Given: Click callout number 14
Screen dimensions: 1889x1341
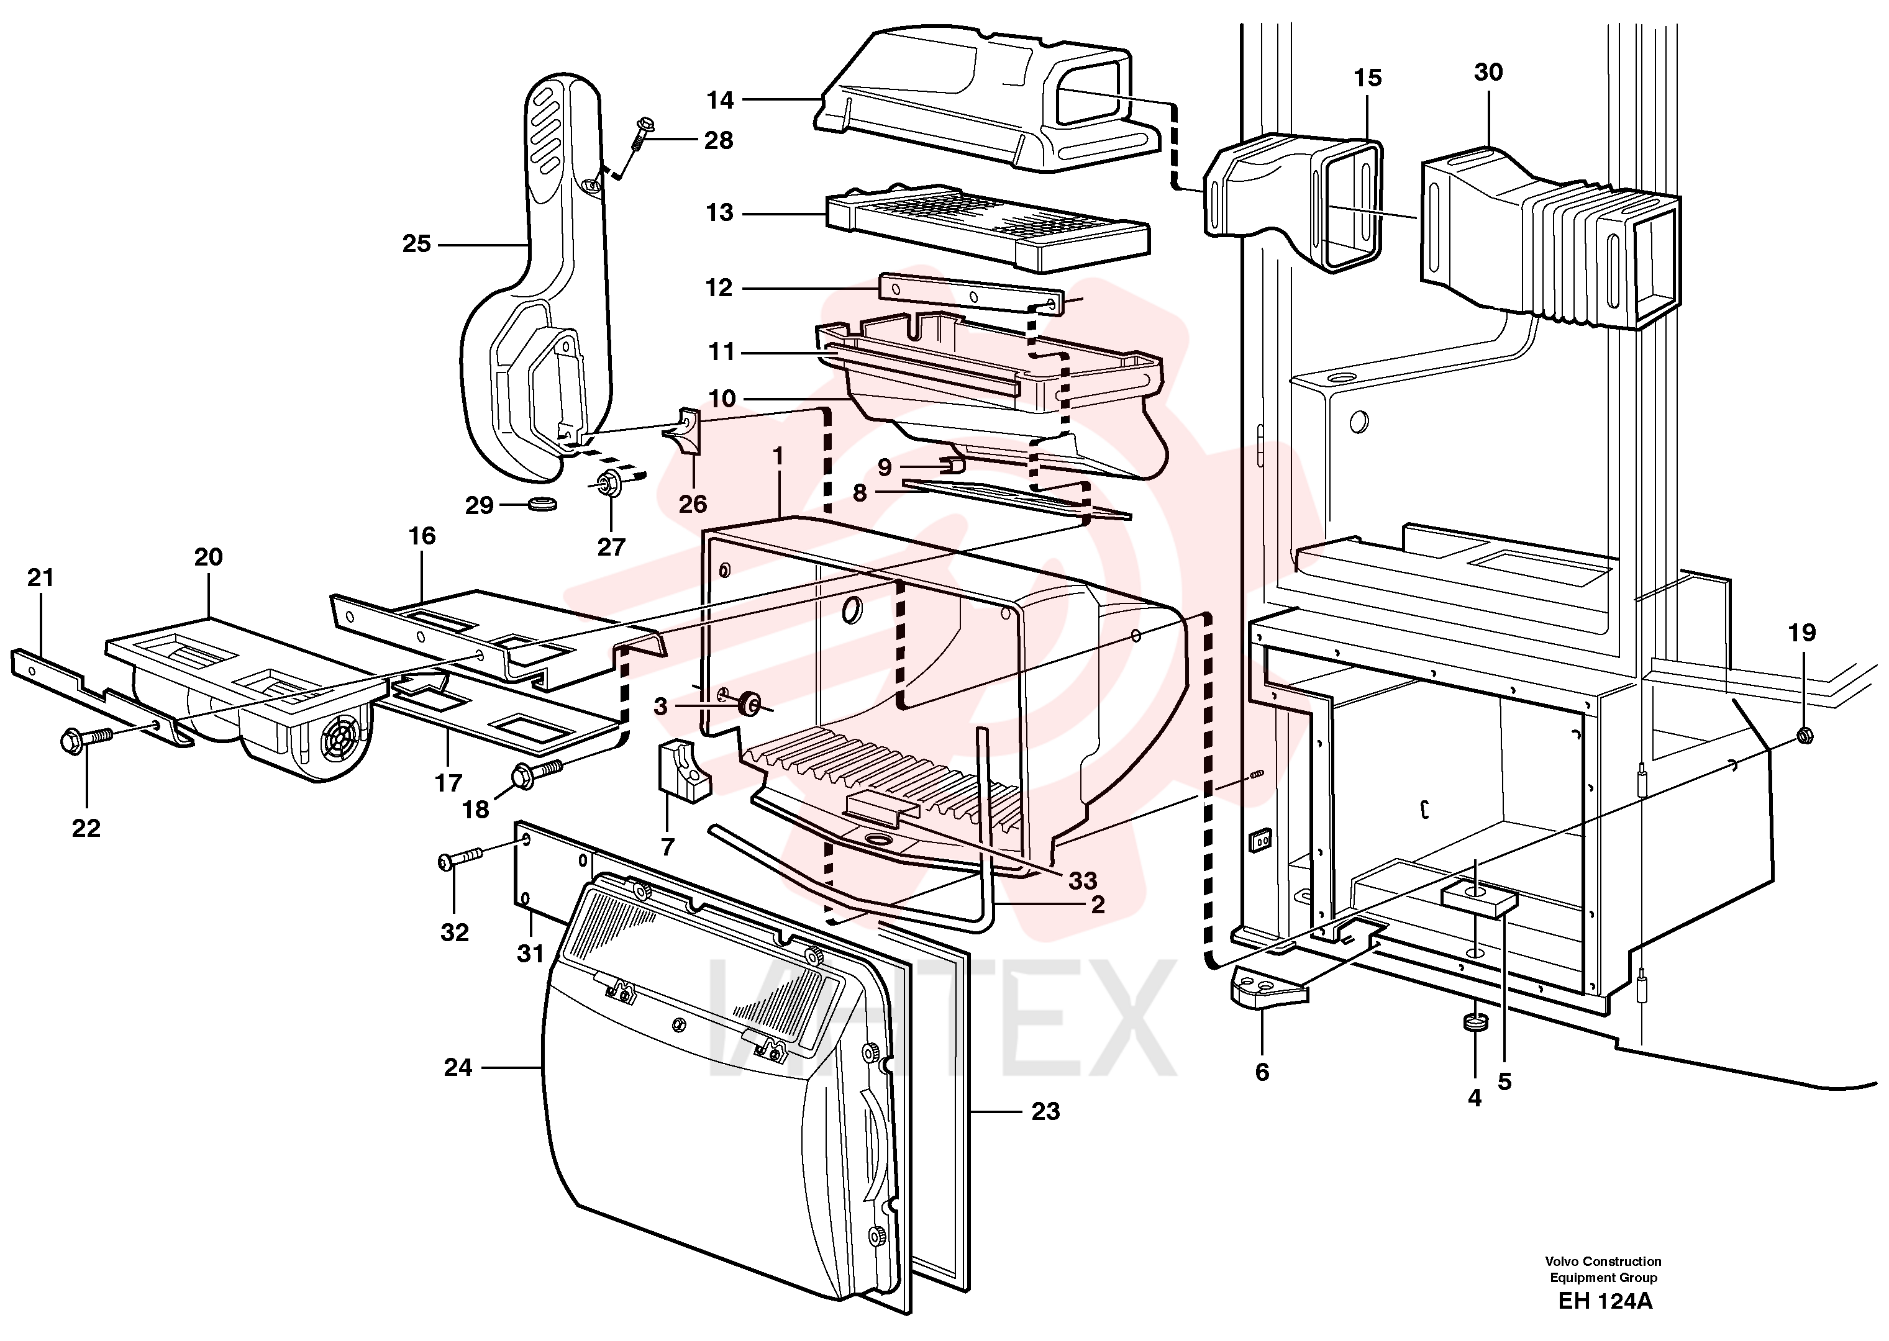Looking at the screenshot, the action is coord(719,100).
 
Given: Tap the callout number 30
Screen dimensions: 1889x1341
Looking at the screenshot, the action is coord(1488,73).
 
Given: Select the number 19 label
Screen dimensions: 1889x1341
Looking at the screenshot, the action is coord(1802,633).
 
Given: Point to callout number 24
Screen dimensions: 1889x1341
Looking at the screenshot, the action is coord(458,1068).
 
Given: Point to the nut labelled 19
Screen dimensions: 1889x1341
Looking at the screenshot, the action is coord(1805,733).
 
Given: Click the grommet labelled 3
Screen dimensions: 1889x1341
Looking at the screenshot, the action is coord(750,705).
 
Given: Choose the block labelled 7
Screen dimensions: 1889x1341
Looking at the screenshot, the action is coord(684,771).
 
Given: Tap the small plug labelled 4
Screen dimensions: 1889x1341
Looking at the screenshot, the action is coord(1474,1023).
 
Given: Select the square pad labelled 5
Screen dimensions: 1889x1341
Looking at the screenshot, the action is coord(1478,899).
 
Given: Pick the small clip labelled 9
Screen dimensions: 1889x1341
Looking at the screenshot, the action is coord(952,466).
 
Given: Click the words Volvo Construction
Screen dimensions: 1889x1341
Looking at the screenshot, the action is coord(1603,1261).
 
